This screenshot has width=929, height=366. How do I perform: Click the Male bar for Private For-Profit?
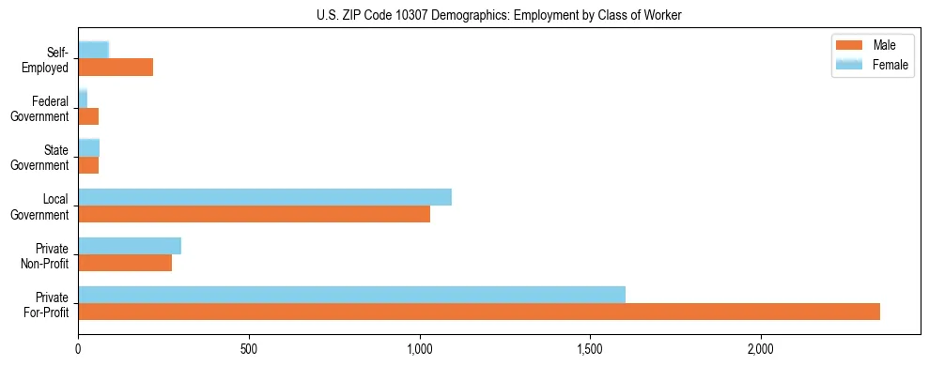479,312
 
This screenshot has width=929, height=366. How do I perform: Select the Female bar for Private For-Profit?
351,295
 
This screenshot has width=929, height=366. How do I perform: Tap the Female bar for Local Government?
265,197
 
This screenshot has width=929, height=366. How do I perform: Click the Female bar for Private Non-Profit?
130,246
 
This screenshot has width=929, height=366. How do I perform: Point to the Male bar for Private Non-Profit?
125,263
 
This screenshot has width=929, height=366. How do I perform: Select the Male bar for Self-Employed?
116,68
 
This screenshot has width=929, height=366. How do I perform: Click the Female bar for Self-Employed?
94,50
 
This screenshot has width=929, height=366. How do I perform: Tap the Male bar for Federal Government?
88,116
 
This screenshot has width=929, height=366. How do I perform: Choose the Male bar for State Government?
88,165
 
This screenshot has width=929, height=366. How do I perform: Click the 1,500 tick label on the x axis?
590,349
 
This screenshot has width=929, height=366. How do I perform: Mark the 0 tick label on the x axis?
79,349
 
